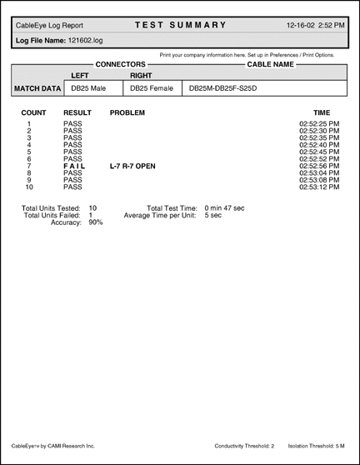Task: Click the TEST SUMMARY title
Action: coord(181,25)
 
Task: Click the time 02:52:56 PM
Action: coord(319,166)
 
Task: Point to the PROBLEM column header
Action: coord(127,112)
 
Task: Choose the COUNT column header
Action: coord(33,112)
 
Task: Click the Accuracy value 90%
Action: coord(95,222)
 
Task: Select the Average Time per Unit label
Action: coord(160,215)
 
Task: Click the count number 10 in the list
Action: coord(29,187)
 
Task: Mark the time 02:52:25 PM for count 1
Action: coord(319,123)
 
